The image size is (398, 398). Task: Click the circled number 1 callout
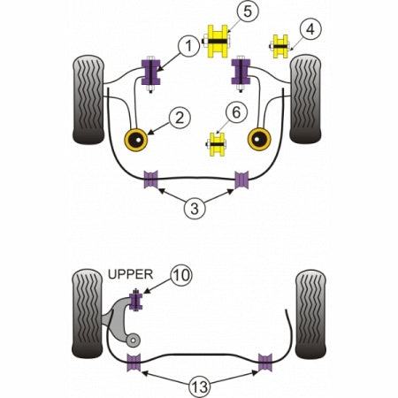pos(188,46)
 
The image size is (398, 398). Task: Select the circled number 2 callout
pos(180,118)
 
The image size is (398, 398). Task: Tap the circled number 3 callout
pos(195,209)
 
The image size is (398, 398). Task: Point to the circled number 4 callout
pos(310,29)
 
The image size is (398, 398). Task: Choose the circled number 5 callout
pos(248,11)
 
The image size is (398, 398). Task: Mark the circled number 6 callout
pos(236,112)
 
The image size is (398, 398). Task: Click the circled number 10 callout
pos(181,275)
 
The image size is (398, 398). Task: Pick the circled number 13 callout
pos(200,386)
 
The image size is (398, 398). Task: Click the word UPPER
pos(130,274)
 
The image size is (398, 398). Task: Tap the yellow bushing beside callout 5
pos(218,42)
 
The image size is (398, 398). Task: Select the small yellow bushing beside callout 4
pos(280,46)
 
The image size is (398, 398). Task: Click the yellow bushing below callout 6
pos(217,144)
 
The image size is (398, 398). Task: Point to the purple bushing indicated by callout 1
pos(150,73)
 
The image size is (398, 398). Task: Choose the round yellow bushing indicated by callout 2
pos(136,140)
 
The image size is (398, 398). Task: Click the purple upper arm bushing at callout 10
pos(136,302)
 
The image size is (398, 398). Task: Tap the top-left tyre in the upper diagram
pos(88,100)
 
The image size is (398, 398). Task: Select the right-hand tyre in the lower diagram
pos(310,314)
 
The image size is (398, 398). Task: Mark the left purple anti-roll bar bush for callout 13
pos(134,362)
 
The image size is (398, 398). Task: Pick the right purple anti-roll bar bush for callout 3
pos(241,180)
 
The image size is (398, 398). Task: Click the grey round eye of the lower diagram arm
pos(133,341)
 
